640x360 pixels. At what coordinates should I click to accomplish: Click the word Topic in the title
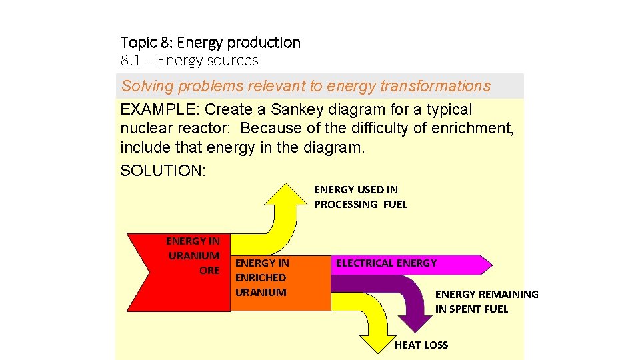[x=138, y=43]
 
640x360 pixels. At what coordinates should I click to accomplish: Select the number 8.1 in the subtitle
[x=129, y=61]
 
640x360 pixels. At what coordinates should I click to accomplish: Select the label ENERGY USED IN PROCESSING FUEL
[x=360, y=197]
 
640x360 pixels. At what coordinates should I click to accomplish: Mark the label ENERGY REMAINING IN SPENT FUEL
[x=487, y=301]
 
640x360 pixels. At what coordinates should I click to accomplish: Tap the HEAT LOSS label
[x=421, y=345]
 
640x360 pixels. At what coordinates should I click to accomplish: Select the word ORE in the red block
[x=209, y=270]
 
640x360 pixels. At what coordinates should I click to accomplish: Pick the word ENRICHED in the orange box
[x=261, y=277]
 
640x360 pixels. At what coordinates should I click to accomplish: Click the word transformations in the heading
[x=434, y=86]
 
